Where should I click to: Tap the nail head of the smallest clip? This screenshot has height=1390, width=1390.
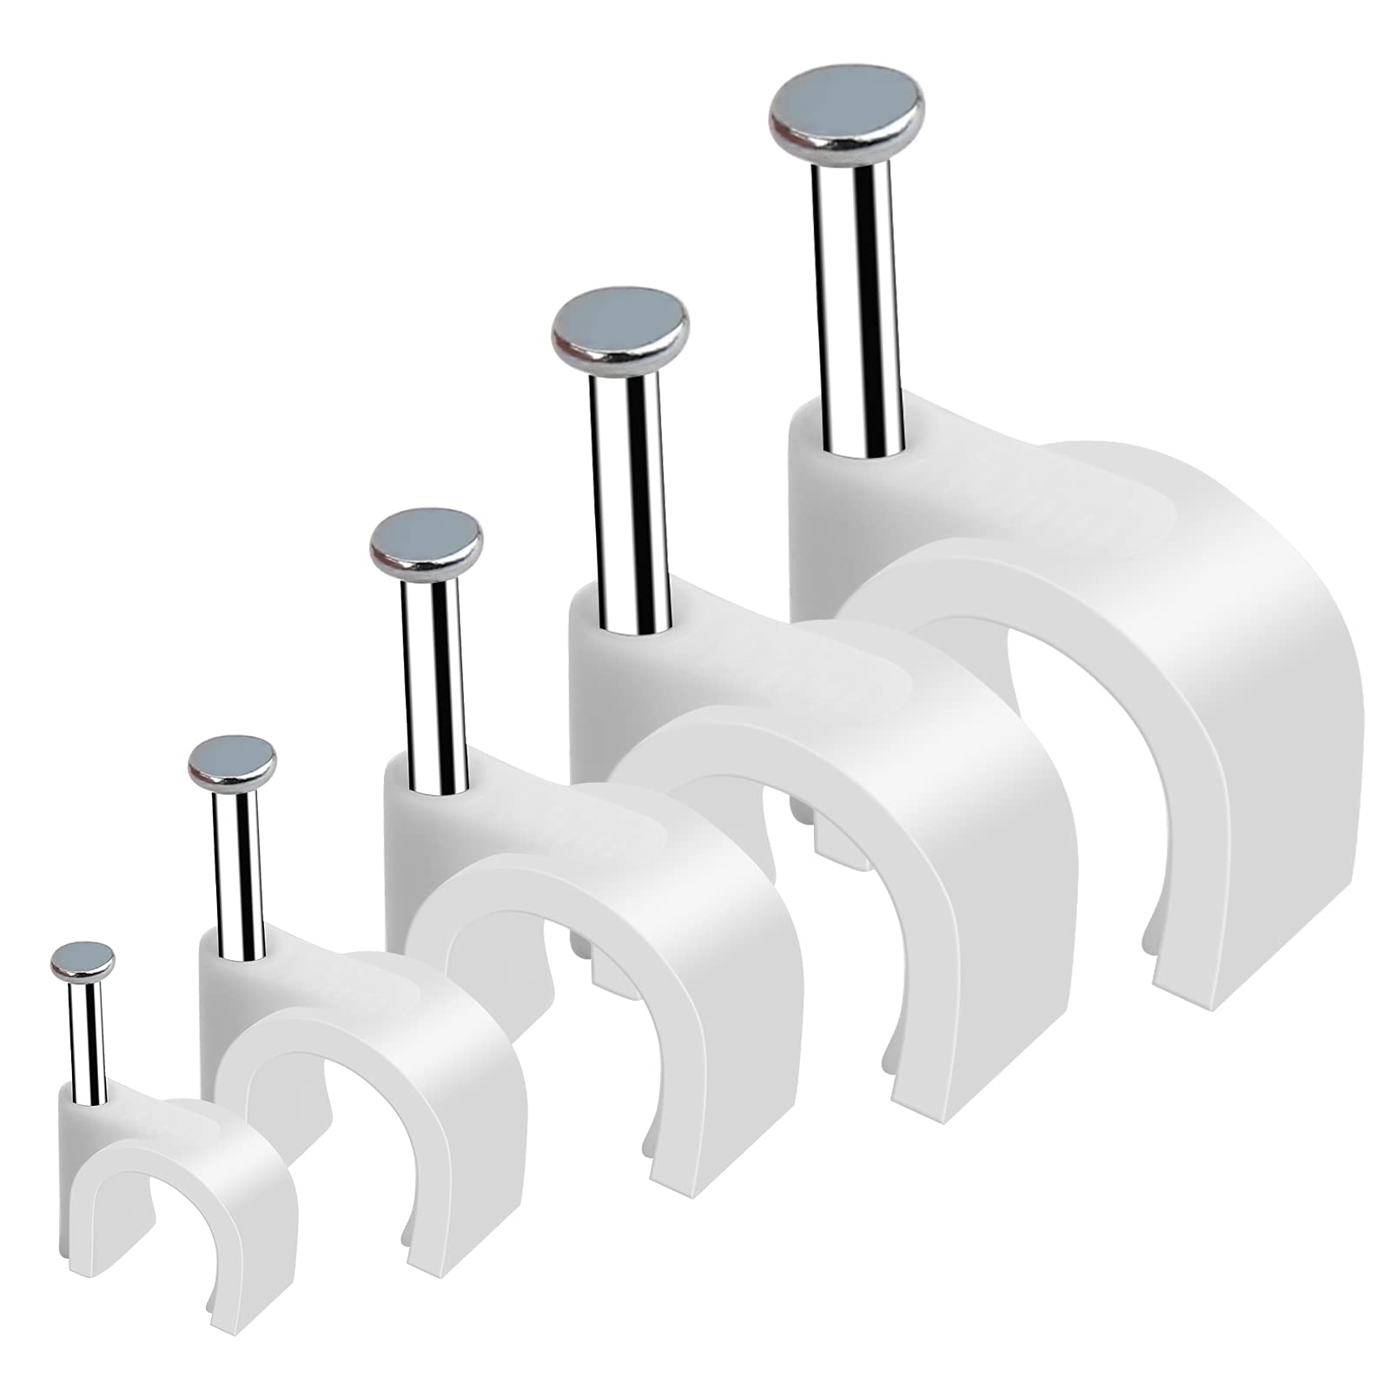pos(83,958)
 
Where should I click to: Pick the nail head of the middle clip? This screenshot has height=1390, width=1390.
pos(426,537)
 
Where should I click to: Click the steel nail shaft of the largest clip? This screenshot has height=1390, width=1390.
pos(851,304)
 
